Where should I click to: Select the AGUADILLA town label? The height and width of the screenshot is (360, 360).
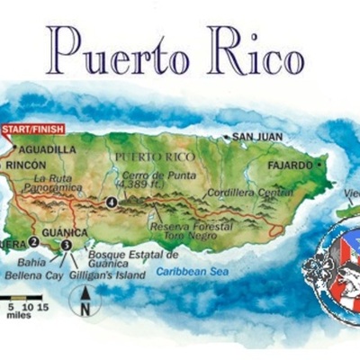pyautogui.click(x=48, y=149)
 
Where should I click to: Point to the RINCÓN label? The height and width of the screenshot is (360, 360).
pyautogui.click(x=25, y=166)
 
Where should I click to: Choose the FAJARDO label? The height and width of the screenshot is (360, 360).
pyautogui.click(x=289, y=166)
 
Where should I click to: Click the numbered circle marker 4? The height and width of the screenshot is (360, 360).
pyautogui.click(x=111, y=202)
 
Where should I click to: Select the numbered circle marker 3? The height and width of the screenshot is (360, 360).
pyautogui.click(x=66, y=244)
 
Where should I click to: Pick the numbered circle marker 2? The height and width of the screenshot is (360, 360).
pyautogui.click(x=33, y=241)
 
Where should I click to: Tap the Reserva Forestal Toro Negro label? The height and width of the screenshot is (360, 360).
pyautogui.click(x=189, y=230)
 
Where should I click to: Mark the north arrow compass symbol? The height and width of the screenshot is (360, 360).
pyautogui.click(x=85, y=300)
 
